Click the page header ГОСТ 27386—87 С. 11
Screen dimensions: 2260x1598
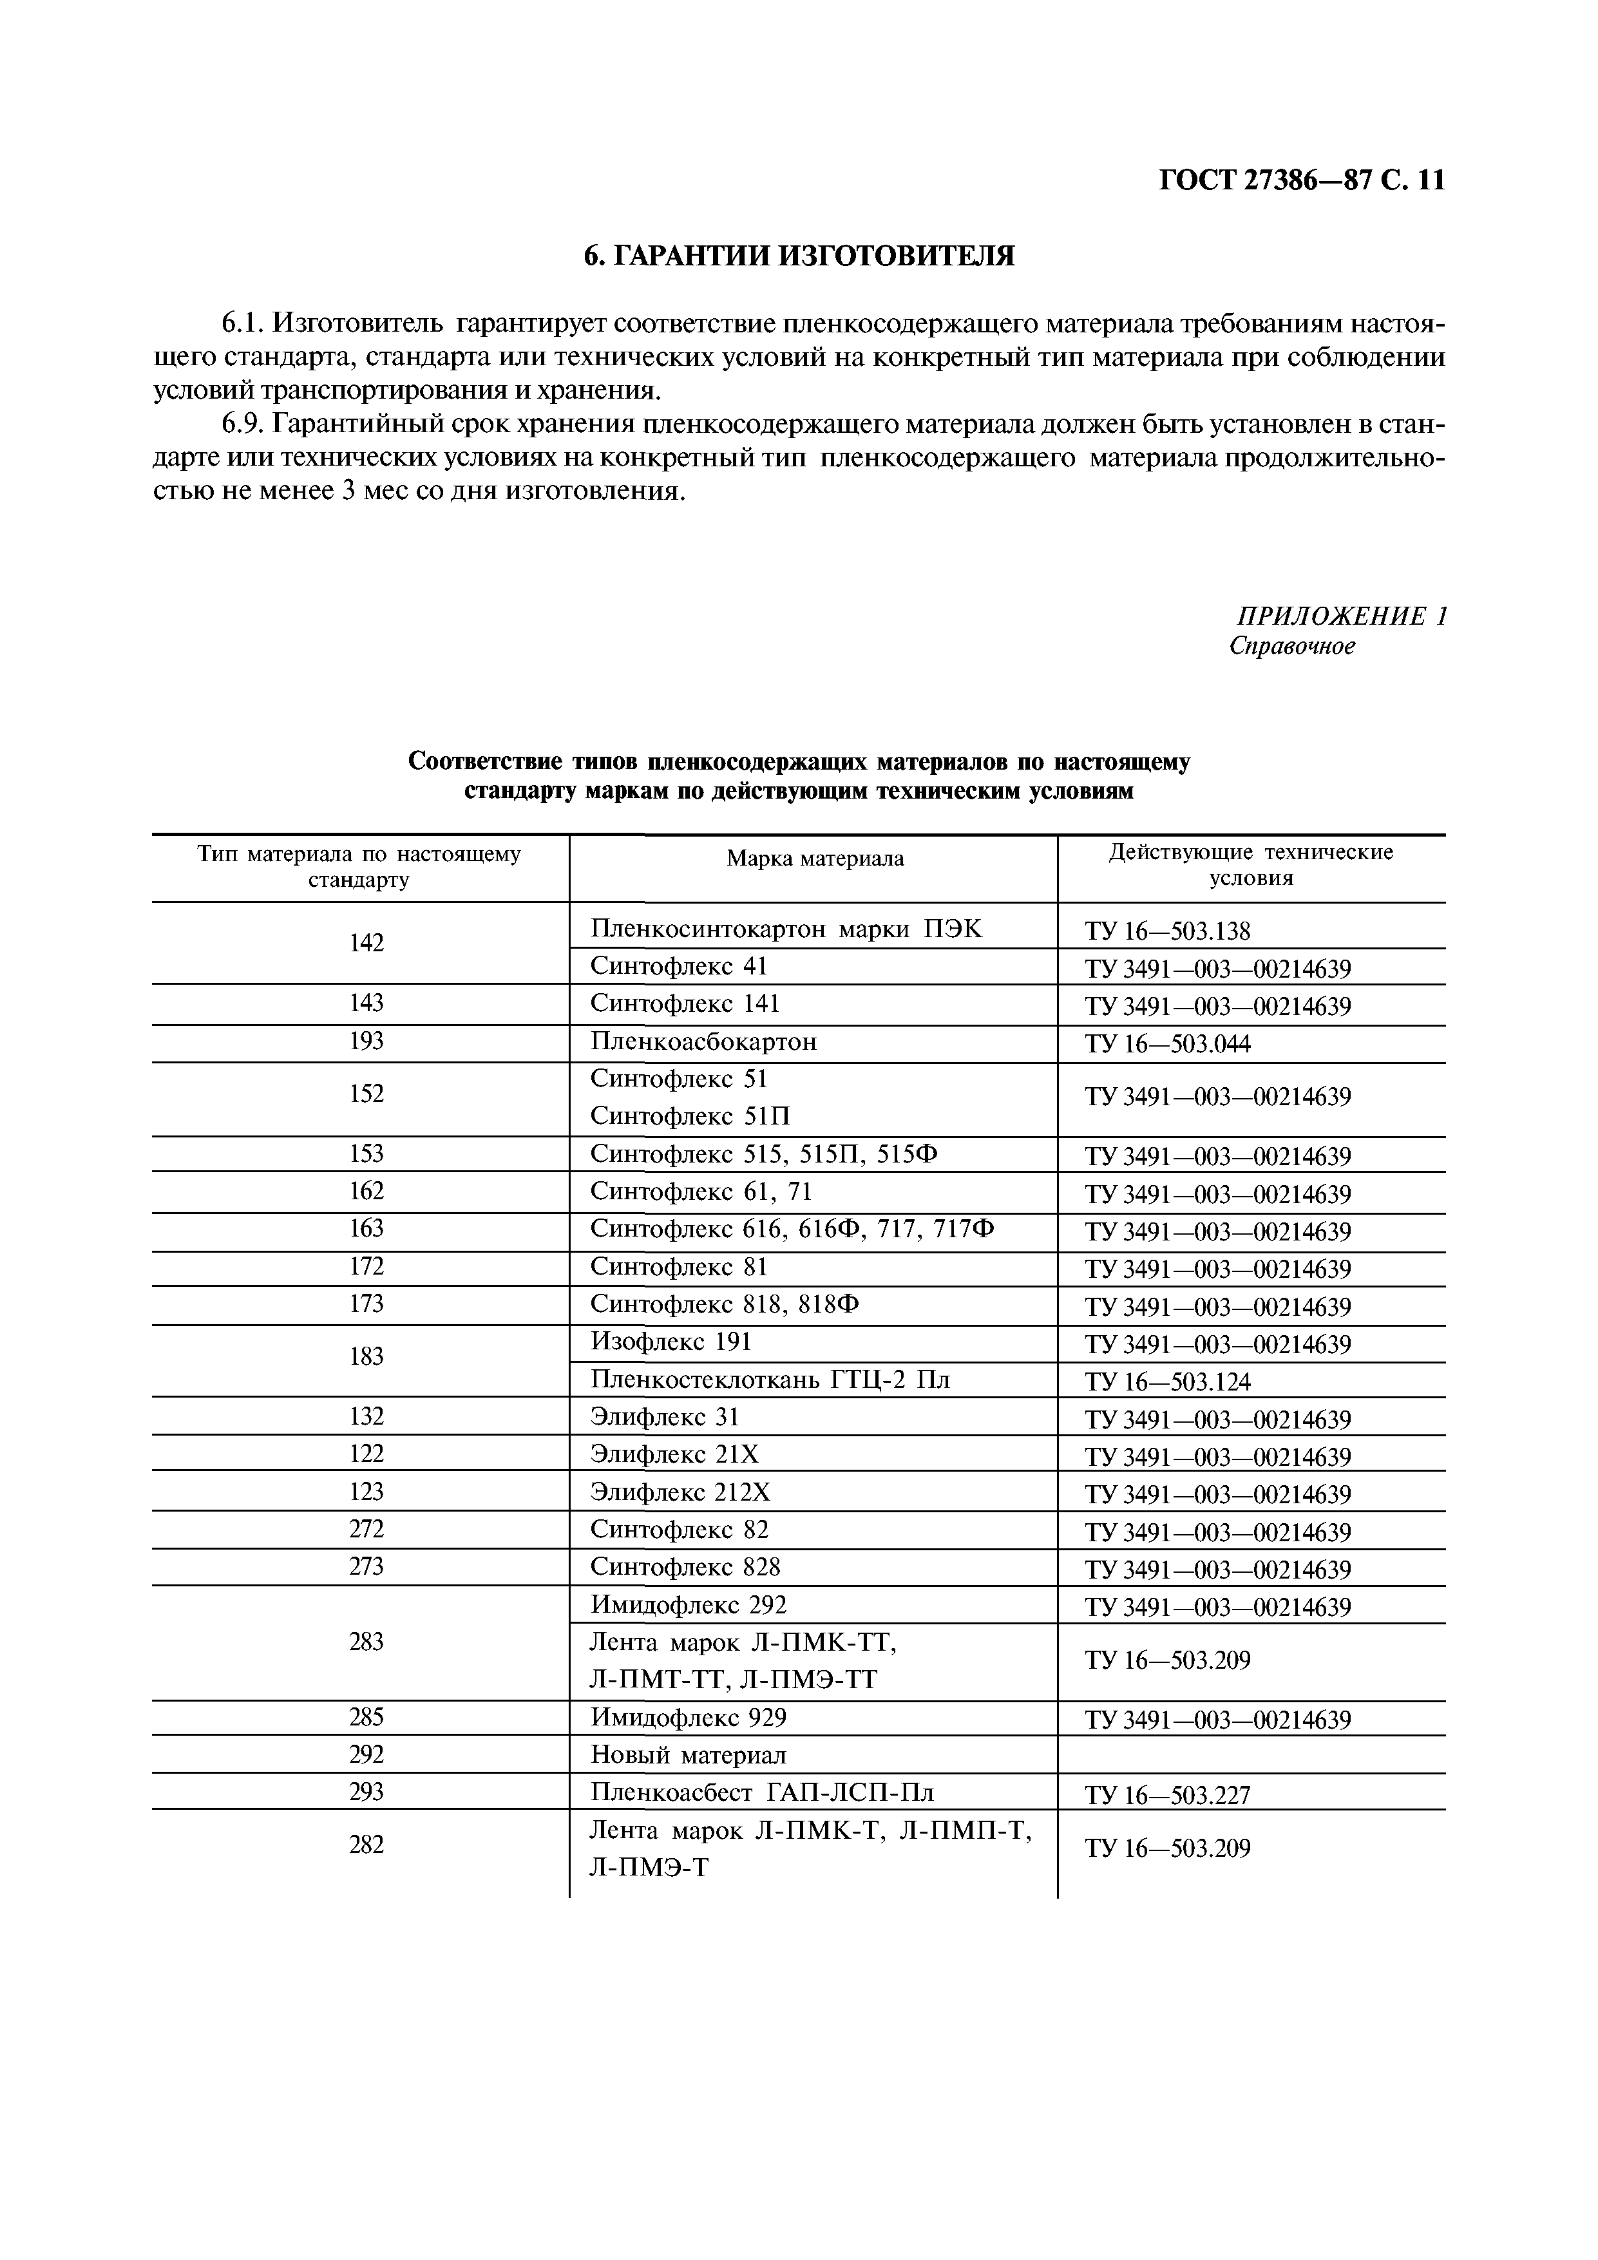coord(1302,181)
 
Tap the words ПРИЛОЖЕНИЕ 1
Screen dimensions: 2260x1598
coord(1341,616)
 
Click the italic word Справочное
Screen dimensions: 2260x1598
coord(1292,647)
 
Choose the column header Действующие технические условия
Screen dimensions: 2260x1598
coord(1250,865)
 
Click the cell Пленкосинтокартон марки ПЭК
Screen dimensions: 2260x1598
coord(786,928)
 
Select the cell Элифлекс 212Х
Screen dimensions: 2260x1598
coord(680,1493)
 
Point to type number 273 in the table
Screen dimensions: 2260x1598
coord(366,1567)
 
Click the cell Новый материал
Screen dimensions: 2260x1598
coord(689,1755)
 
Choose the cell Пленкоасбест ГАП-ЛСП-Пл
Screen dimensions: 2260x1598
coord(762,1792)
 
